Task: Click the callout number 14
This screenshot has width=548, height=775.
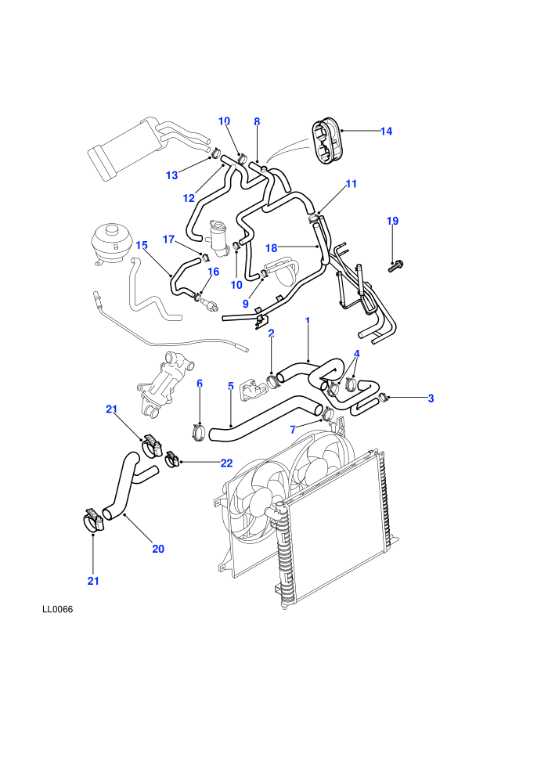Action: [386, 131]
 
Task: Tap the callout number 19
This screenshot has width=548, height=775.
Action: [392, 221]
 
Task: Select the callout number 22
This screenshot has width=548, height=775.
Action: [226, 463]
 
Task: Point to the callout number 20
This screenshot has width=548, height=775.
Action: [157, 549]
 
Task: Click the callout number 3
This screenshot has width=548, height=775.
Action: [431, 398]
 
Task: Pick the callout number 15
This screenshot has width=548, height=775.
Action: [142, 245]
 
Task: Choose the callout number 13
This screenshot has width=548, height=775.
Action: [171, 175]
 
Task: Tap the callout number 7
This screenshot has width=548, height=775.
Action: [293, 430]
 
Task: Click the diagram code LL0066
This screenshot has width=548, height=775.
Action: [57, 609]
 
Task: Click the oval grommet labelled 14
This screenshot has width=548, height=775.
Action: [326, 142]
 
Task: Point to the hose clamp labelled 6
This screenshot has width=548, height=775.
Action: [199, 431]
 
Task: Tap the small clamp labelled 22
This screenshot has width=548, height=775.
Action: [171, 460]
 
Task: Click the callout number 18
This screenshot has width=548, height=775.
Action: [272, 248]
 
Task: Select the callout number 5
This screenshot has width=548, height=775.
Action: [230, 386]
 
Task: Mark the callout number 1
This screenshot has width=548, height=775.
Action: [308, 321]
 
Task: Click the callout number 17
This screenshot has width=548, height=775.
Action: [168, 240]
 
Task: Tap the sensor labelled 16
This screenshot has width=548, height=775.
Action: [210, 305]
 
